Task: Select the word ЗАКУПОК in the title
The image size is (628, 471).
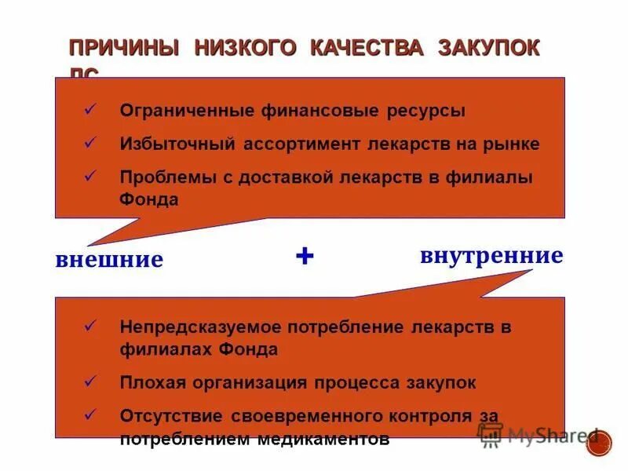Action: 489,48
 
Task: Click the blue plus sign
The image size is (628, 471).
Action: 305,256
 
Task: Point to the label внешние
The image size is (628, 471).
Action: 109,259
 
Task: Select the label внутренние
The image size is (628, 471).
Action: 491,255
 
